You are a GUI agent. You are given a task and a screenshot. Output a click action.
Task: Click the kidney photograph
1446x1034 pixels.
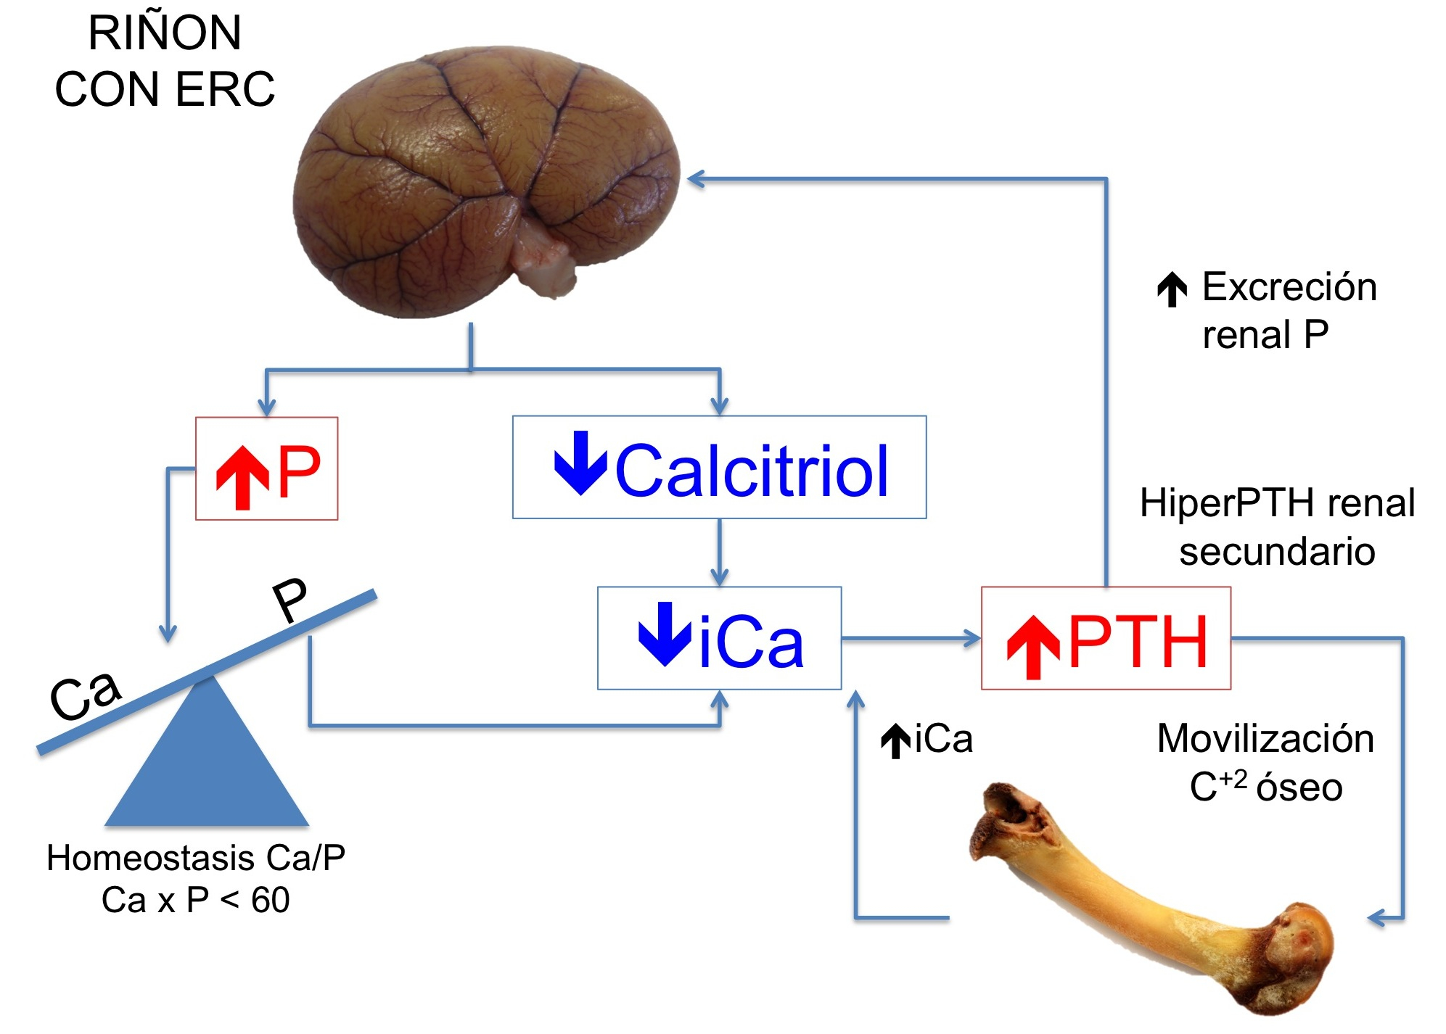[x=485, y=181]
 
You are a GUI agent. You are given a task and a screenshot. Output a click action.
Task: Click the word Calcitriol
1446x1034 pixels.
[x=752, y=471]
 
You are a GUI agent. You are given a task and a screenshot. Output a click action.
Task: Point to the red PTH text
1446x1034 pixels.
[x=1138, y=641]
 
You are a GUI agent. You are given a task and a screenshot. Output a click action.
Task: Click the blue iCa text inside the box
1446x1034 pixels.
[x=751, y=642]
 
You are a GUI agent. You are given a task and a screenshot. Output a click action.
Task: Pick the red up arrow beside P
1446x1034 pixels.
[x=242, y=477]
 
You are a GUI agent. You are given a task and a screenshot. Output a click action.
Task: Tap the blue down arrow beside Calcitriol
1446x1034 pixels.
[x=580, y=463]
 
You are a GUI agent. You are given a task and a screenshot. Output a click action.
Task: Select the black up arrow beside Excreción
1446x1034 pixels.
[x=1172, y=289]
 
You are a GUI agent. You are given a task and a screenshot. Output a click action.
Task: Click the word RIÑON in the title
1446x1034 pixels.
[x=165, y=33]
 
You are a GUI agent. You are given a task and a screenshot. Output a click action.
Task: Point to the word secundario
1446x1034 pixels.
[x=1277, y=551]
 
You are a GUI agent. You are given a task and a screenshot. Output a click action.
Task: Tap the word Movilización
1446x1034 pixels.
[x=1265, y=739]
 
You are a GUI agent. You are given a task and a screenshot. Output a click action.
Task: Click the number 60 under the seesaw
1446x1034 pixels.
[x=271, y=901]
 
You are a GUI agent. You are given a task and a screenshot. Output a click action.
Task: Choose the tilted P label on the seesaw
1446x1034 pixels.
[x=290, y=600]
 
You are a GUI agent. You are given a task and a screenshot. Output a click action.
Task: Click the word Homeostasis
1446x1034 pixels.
[x=150, y=858]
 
